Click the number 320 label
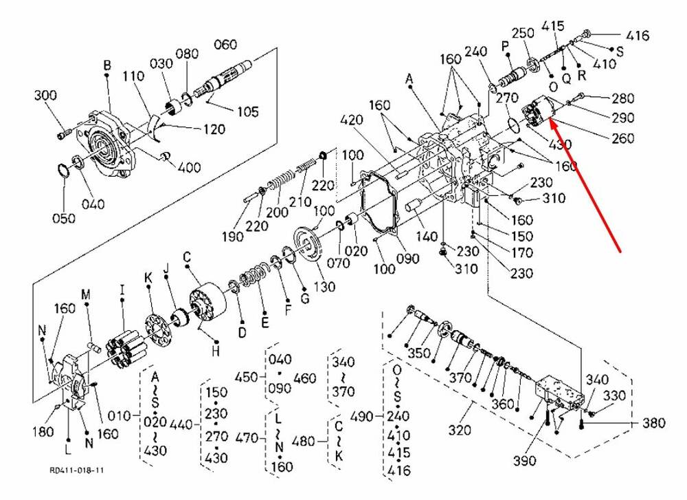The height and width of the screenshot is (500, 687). click(460, 431)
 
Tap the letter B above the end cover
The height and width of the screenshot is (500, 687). click(107, 65)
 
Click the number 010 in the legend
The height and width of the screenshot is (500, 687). click(119, 416)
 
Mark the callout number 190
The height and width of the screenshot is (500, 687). click(233, 236)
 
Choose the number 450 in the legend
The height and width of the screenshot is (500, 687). click(245, 377)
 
